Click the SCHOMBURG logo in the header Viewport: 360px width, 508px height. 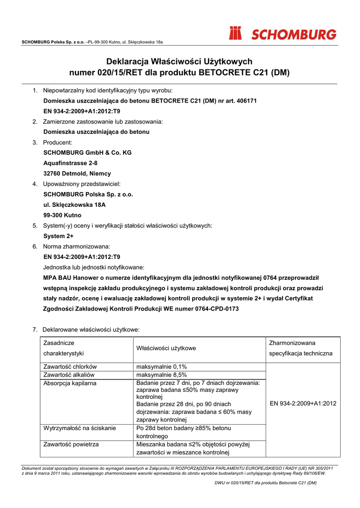pyautogui.click(x=282, y=34)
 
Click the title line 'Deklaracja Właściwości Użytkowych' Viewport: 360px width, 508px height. pyautogui.click(x=179, y=62)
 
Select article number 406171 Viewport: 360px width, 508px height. pyautogui.click(x=245, y=101)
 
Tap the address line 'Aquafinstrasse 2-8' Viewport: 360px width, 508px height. pyautogui.click(x=71, y=163)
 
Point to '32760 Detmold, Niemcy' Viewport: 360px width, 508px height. pyautogui.click(x=77, y=174)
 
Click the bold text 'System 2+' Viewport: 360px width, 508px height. pyautogui.click(x=59, y=236)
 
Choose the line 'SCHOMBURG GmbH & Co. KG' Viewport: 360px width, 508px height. pyautogui.click(x=87, y=153)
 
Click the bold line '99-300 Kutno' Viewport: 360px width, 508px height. pyautogui.click(x=63, y=215)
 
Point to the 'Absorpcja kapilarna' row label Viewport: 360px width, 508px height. pyautogui.click(x=70, y=383)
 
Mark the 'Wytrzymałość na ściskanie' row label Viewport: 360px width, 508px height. pyautogui.click(x=80, y=428)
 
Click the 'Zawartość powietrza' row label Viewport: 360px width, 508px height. pyautogui.click(x=71, y=444)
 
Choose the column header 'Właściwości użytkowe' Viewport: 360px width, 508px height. pyautogui.click(x=166, y=348)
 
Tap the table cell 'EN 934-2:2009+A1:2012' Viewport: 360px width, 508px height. pyautogui.click(x=303, y=404)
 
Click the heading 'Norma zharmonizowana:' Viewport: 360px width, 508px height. pyautogui.click(x=76, y=247)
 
